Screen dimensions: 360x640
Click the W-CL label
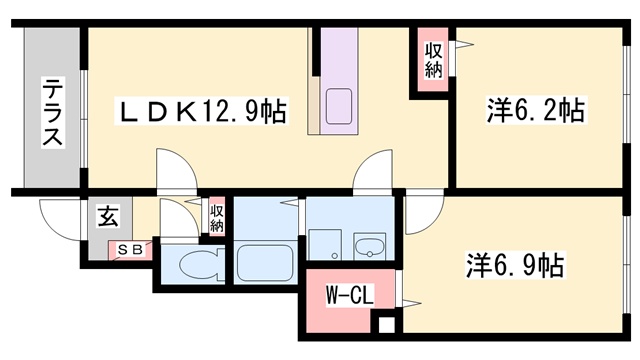pyautogui.click(x=344, y=296)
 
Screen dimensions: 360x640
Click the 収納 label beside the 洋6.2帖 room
pyautogui.click(x=434, y=60)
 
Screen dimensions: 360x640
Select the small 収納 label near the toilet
pyautogui.click(x=217, y=218)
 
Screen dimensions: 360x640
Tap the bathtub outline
pyautogui.click(x=264, y=266)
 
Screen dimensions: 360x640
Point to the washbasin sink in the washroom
pyautogui.click(x=370, y=247)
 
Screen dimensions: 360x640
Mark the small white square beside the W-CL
pyautogui.click(x=384, y=324)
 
